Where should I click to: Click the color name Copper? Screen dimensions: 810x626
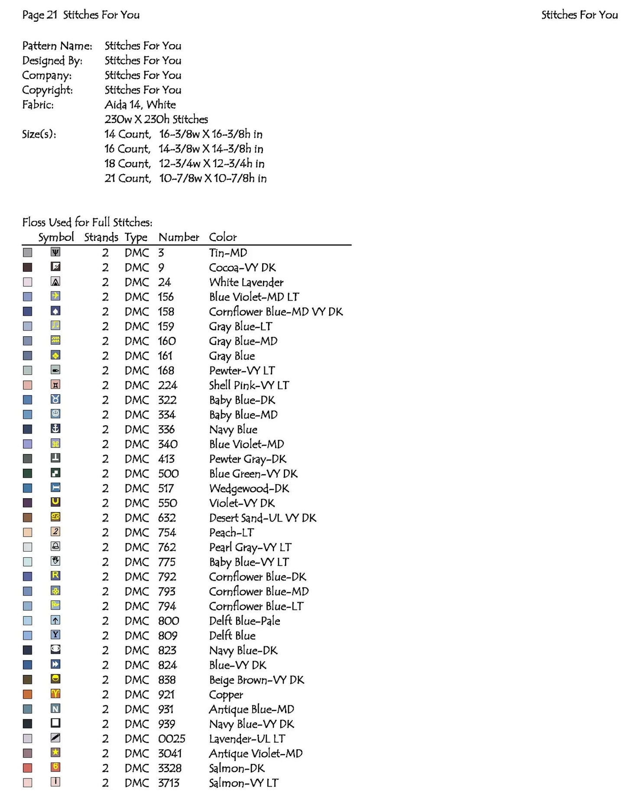226,695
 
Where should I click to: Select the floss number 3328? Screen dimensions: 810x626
169,768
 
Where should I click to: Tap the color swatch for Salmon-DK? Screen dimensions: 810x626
27,768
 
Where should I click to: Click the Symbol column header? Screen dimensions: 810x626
56,237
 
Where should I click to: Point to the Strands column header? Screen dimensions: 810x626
101,237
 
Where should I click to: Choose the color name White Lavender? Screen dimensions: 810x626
246,282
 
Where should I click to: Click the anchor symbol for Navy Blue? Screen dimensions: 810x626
55,429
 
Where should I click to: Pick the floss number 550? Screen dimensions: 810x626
168,503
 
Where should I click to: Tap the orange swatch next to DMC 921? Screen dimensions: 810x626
27,694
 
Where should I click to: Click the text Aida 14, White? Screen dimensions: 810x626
140,105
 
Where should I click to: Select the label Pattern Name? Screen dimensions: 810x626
57,46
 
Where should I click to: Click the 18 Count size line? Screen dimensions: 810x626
184,164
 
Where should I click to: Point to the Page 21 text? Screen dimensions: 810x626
39,15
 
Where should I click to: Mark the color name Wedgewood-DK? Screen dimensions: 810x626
249,489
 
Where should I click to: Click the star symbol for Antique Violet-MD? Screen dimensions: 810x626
55,753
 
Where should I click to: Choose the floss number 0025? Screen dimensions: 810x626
172,739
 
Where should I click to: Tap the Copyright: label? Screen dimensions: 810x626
48,90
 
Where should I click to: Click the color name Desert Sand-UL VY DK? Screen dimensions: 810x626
263,518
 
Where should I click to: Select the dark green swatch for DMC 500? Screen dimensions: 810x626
27,473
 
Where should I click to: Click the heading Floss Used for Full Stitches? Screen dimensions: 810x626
87,223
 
